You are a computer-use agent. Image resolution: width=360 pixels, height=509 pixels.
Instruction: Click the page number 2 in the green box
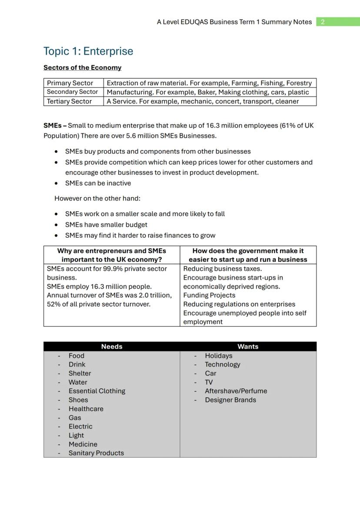pos(323,22)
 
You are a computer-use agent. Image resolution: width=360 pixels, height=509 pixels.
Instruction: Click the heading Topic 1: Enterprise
pos(88,51)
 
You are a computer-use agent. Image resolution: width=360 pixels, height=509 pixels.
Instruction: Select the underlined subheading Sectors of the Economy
pos(82,68)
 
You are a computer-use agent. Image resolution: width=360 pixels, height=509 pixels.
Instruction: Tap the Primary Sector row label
pos(70,83)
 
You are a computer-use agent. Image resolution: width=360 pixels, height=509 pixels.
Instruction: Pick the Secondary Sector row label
pos(72,92)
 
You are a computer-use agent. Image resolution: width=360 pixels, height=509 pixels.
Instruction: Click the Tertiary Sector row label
pos(69,101)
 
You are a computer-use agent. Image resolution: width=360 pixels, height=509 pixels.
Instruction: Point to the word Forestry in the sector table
pos(298,83)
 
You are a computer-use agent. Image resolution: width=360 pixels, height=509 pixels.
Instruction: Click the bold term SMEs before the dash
pos(52,126)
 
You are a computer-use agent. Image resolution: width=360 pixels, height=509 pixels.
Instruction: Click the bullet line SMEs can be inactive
pos(98,183)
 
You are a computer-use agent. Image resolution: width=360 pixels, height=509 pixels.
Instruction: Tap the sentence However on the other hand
pos(97,199)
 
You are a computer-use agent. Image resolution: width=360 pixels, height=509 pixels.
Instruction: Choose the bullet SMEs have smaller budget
pos(106,225)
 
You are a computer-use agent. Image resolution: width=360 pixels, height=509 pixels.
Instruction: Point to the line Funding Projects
pos(209,296)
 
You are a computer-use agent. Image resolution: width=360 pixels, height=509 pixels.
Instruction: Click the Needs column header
pos(112,347)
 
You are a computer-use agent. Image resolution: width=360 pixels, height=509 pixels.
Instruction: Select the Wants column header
pos(248,347)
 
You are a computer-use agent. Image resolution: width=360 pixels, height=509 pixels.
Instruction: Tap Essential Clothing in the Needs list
pos(97,391)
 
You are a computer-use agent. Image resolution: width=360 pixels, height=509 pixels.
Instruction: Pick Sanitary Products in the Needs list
pos(96,453)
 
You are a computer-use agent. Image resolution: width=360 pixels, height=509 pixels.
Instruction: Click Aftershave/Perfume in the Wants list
pos(236,391)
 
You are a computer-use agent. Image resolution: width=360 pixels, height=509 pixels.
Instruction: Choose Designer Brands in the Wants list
pos(230,400)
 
